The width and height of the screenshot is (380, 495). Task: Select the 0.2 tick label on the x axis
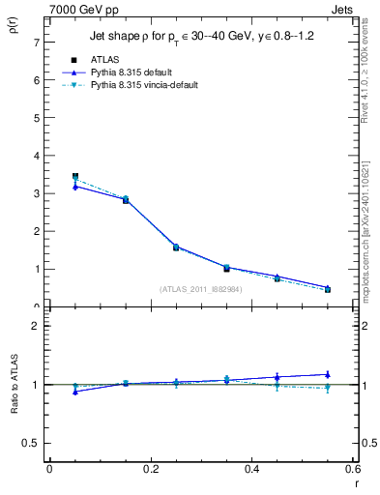pos(150,470)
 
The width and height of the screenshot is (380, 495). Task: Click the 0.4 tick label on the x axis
pos(251,470)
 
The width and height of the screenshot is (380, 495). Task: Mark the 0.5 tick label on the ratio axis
pos(31,443)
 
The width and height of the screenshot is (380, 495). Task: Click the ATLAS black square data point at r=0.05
pos(75,177)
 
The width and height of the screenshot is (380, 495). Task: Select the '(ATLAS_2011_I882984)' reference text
pos(200,289)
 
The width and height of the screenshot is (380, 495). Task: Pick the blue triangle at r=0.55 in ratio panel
pos(328,374)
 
